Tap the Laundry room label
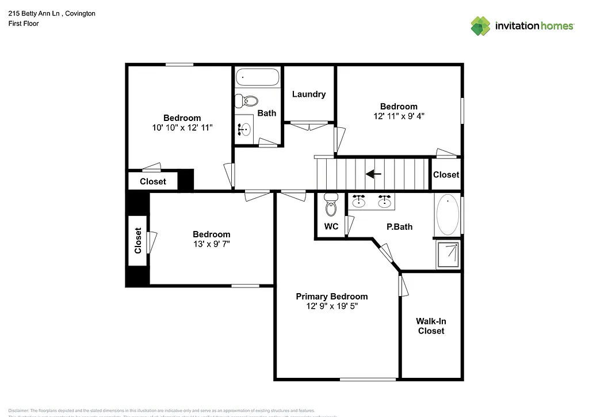point(309,94)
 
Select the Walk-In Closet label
point(431,326)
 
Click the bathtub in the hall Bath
point(258,77)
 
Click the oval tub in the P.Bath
point(448,214)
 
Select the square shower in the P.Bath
point(448,255)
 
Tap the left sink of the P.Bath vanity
point(359,201)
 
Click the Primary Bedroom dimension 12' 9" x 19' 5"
point(332,306)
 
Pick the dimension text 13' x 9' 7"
point(211,244)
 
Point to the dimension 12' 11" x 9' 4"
point(399,116)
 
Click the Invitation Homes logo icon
point(480,26)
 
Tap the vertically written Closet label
point(138,240)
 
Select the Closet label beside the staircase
point(446,175)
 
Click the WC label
point(331,226)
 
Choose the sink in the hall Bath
point(244,128)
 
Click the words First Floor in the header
point(24,24)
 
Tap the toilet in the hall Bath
point(249,101)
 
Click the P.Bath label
point(399,226)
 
